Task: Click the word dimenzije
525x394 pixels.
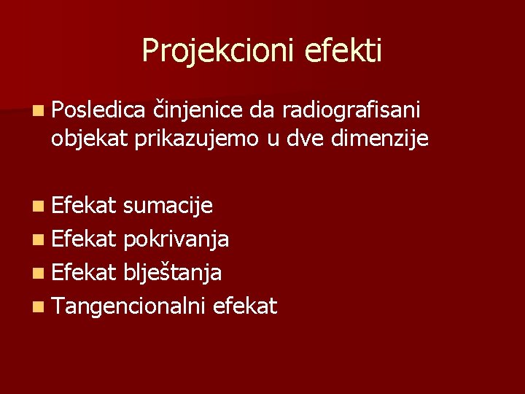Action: [382, 137]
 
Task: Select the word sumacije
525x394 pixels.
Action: [168, 206]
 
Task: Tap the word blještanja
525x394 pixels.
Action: [173, 273]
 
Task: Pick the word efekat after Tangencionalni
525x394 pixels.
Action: [245, 306]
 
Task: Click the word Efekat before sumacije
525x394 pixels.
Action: [84, 206]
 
